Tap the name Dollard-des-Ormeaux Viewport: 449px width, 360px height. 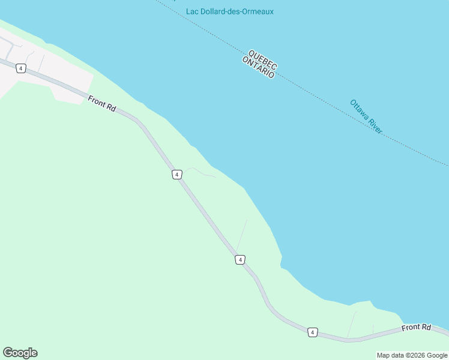click(x=238, y=11)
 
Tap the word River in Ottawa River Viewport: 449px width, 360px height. click(x=376, y=127)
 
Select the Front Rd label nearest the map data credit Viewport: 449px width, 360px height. click(x=417, y=328)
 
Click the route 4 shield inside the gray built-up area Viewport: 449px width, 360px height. click(x=21, y=68)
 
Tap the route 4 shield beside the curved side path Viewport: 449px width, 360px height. click(x=176, y=174)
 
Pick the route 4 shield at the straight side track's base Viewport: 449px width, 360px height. click(x=240, y=260)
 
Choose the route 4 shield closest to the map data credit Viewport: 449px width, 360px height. click(x=312, y=332)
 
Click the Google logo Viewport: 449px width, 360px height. click(x=20, y=353)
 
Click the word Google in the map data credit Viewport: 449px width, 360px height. click(x=437, y=356)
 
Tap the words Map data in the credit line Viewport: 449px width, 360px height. click(x=390, y=356)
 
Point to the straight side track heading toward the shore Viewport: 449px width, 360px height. click(x=242, y=234)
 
